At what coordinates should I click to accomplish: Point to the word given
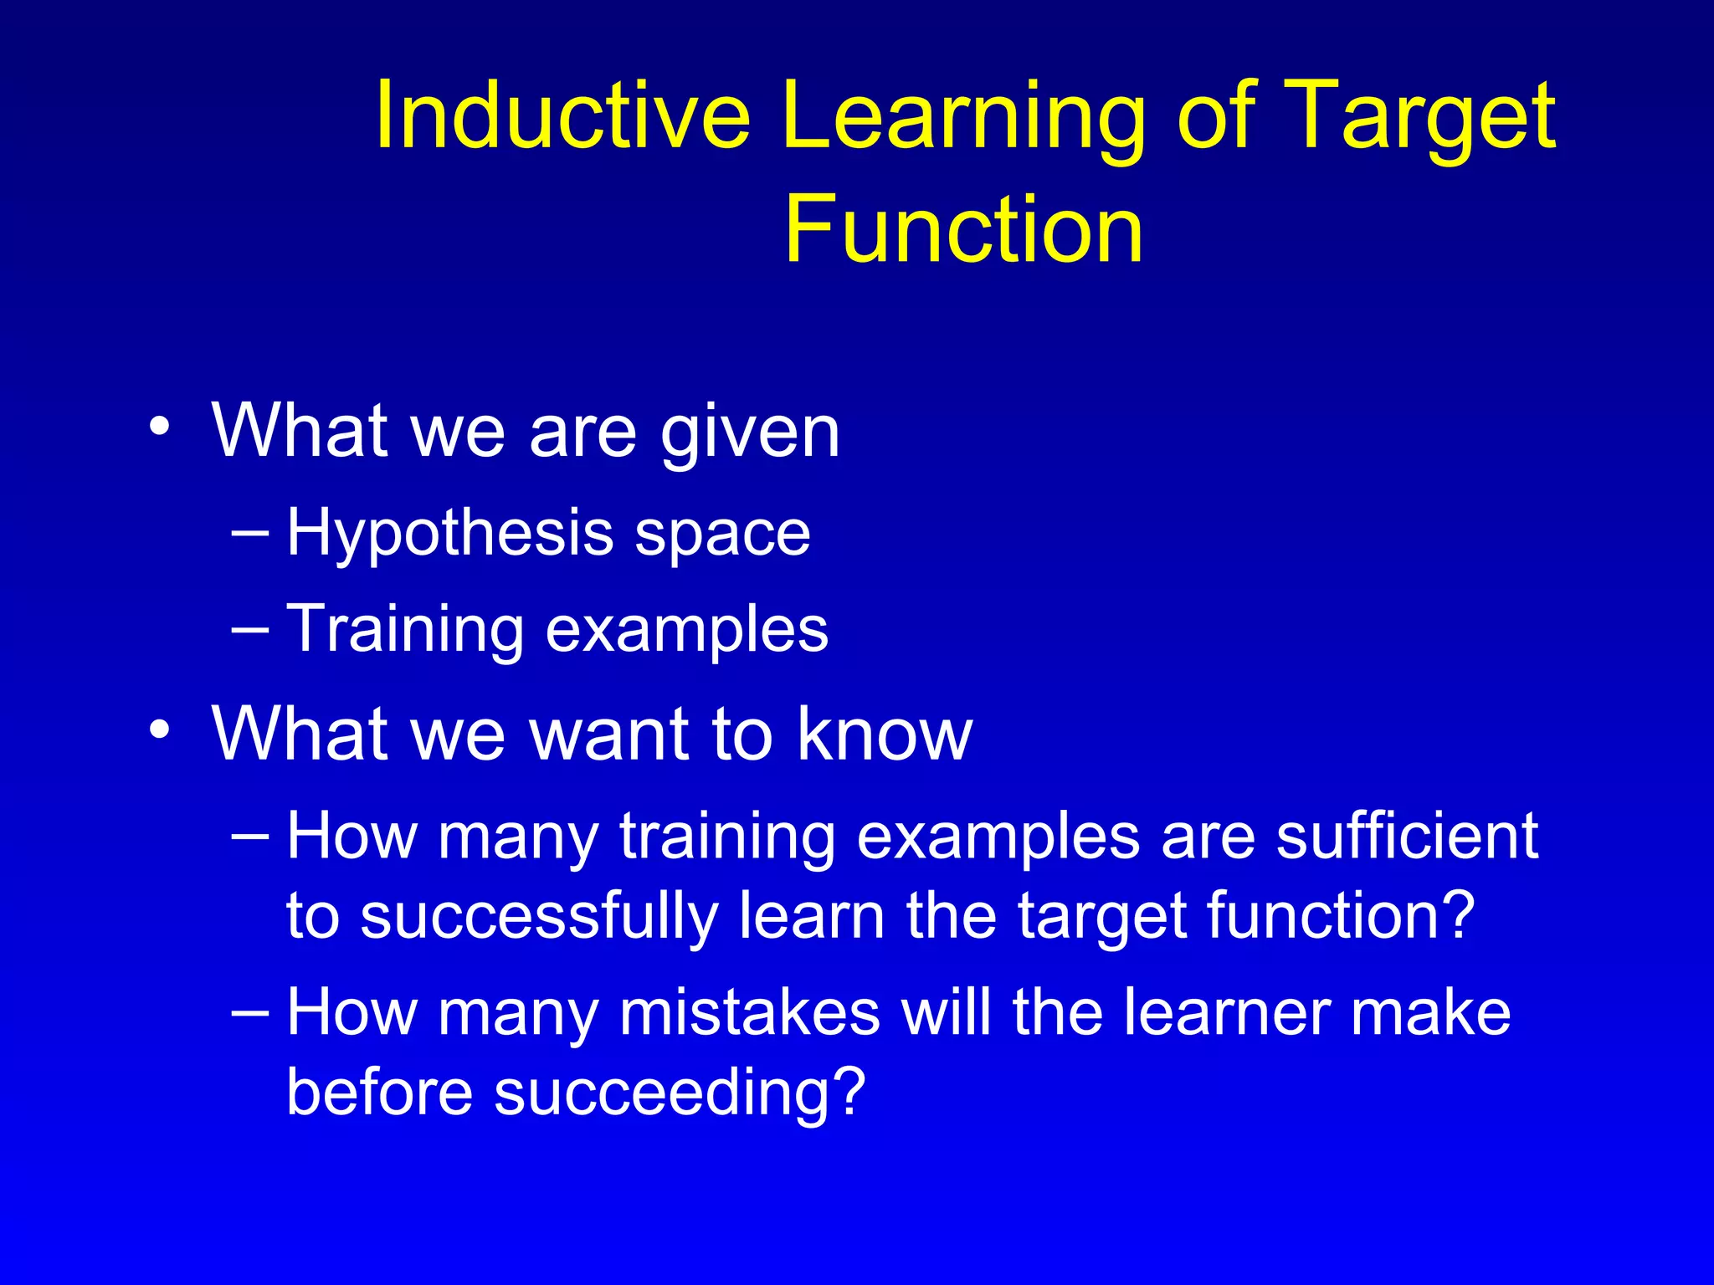(x=750, y=433)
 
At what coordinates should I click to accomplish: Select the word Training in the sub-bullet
(x=405, y=629)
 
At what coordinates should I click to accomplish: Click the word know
(x=885, y=734)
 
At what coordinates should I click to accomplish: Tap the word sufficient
(x=1406, y=835)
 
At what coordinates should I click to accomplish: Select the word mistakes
(x=750, y=1012)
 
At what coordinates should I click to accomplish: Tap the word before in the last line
(x=379, y=1092)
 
